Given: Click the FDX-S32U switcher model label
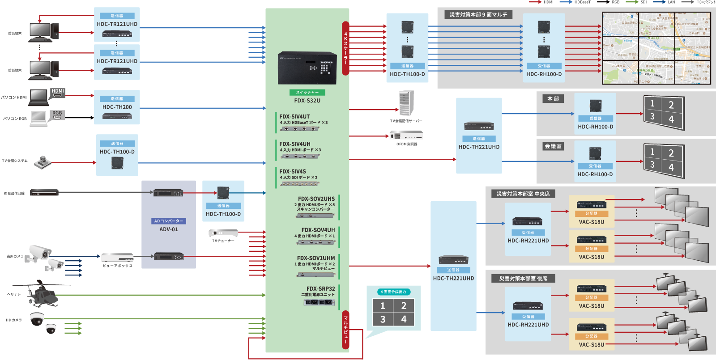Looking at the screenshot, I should [x=307, y=101].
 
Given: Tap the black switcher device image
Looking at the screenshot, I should [x=307, y=68].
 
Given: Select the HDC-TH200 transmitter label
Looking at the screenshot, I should [x=117, y=107].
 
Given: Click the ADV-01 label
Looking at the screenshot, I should [x=169, y=229].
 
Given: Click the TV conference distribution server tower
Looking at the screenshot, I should [x=406, y=103].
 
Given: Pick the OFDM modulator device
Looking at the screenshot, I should [x=406, y=135].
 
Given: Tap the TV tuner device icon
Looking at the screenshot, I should [x=223, y=233].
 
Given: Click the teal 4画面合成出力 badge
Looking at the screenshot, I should [x=393, y=292].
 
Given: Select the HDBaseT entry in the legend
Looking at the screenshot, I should [x=582, y=2].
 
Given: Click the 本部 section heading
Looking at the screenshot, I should [x=553, y=99].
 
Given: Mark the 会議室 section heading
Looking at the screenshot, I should [x=553, y=146].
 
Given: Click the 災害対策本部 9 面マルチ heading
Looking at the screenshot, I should [x=478, y=15].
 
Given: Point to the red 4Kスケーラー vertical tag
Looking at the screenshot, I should [x=345, y=48].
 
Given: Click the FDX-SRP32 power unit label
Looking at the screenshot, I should [x=320, y=289].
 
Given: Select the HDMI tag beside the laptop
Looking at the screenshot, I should [x=58, y=91].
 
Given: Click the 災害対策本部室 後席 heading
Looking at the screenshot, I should [x=523, y=279].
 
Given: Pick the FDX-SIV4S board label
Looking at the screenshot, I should [x=293, y=172].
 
